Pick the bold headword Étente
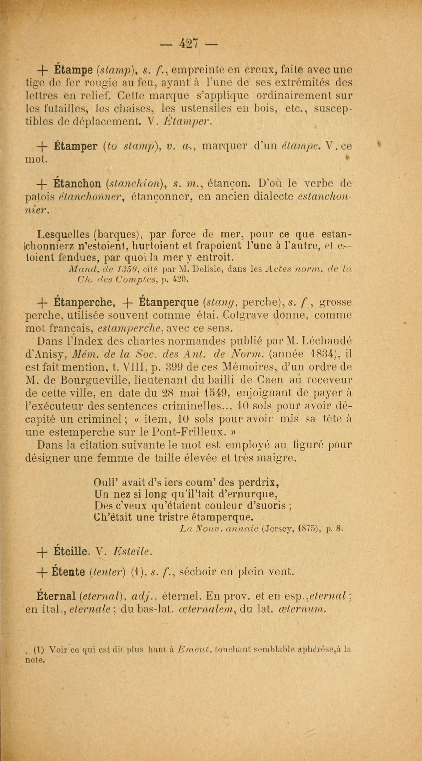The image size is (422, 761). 68,573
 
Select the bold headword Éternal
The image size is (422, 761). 57,596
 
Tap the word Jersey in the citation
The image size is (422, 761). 278,528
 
